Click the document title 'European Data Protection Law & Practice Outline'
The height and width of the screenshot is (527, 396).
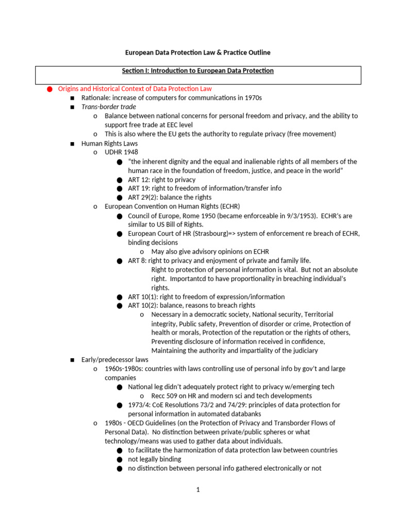point(198,52)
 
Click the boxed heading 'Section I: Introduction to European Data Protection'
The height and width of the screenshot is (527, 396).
point(198,71)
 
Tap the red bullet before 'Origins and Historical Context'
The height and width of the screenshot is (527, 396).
point(49,89)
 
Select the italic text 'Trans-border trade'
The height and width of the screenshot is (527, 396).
point(109,107)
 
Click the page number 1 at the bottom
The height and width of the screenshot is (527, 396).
point(197,490)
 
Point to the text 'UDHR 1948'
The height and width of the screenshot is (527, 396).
point(121,152)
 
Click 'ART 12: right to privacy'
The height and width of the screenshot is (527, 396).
point(162,180)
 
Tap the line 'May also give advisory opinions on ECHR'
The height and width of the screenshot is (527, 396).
point(210,252)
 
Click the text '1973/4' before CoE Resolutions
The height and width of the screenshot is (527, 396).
point(138,405)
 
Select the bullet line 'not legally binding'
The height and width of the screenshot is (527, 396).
point(155,459)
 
